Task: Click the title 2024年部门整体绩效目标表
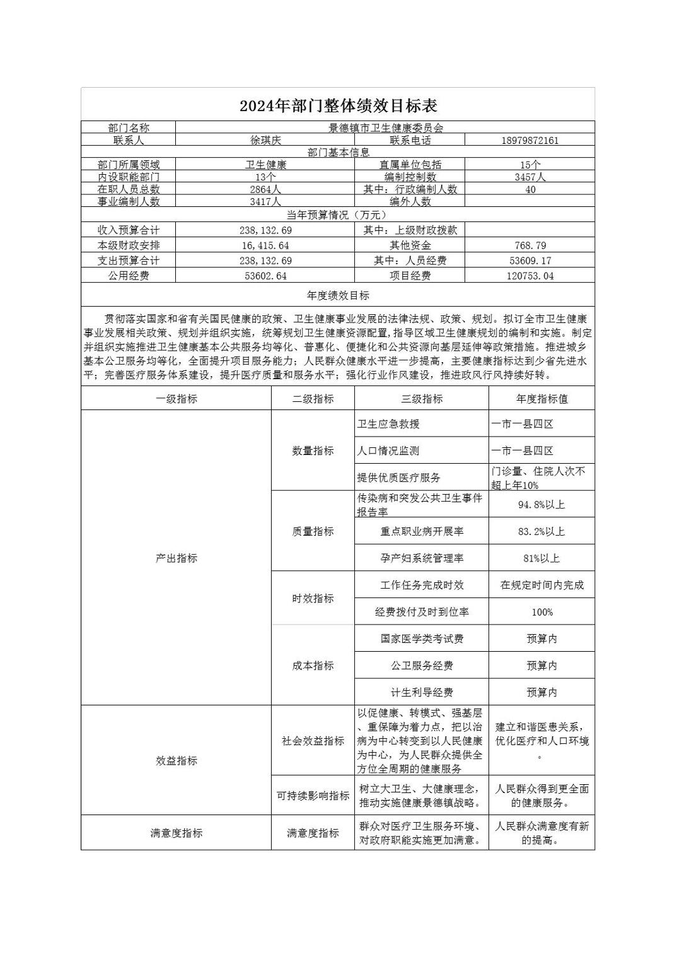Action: coord(338,105)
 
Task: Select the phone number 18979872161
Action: coord(529,140)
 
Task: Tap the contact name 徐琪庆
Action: coord(265,140)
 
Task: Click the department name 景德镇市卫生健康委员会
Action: coord(385,127)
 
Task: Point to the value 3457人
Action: coord(529,177)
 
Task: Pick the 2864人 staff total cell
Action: coord(265,189)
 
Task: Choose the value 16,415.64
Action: coord(265,245)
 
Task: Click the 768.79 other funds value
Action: coord(529,245)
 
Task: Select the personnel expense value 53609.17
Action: coord(529,261)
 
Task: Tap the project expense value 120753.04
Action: coord(529,276)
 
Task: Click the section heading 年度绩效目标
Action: coord(338,295)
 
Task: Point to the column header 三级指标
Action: coord(422,399)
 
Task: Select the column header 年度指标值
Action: coord(541,399)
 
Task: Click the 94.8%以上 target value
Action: coord(541,504)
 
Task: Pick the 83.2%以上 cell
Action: coord(541,531)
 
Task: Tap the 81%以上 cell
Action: coord(541,558)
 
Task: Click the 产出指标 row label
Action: coord(176,558)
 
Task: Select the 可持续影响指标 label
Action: coord(313,796)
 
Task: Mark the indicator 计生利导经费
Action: coord(422,692)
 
